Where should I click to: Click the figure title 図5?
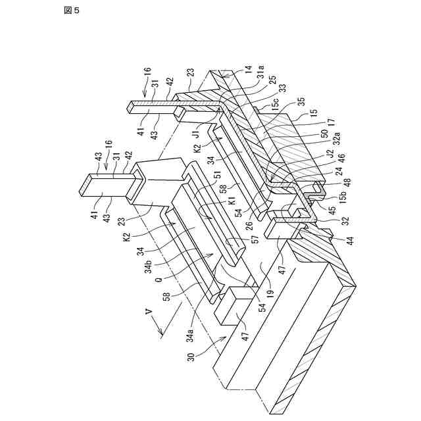click(x=71, y=11)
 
